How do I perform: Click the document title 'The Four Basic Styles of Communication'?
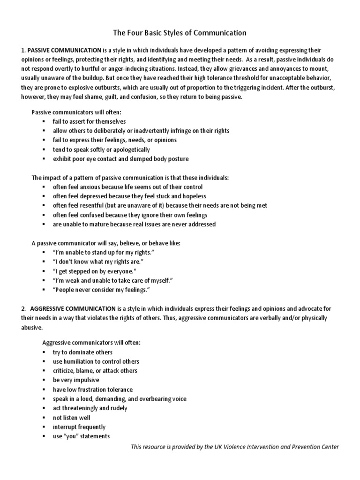180,33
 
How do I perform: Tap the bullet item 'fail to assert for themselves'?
89,121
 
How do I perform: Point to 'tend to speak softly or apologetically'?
101,150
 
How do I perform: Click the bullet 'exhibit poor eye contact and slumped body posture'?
121,159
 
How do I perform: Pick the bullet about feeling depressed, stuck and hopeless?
129,196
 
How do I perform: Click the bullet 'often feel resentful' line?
160,205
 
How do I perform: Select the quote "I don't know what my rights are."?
97,262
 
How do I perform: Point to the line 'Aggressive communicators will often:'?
91,343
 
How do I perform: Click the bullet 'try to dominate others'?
82,352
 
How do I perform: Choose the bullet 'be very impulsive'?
76,380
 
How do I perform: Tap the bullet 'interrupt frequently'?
79,427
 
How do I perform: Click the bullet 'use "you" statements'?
81,436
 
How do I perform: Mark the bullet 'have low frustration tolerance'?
93,390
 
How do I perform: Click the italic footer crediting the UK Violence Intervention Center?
234,447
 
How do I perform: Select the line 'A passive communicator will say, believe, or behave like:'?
105,243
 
